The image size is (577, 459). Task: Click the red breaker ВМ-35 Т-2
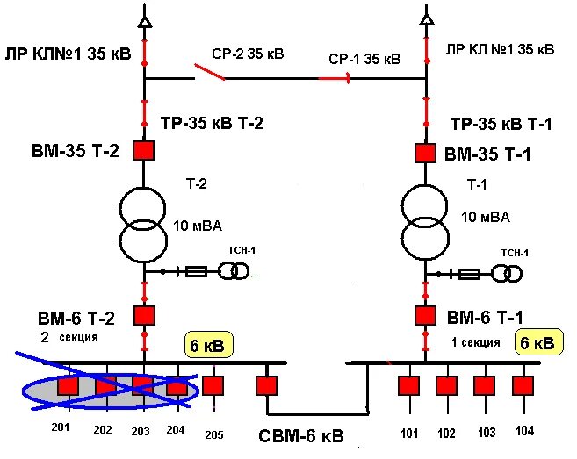click(143, 150)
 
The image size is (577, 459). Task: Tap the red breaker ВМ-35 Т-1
click(426, 153)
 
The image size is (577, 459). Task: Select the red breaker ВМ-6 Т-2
click(143, 314)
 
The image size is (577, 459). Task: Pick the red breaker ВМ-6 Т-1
click(426, 315)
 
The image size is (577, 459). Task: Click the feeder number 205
click(214, 434)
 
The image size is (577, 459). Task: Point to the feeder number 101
click(408, 432)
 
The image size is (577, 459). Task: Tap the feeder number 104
click(524, 432)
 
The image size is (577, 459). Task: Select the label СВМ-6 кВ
click(301, 436)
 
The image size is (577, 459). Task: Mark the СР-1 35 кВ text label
click(364, 59)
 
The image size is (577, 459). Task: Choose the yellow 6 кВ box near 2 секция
click(209, 346)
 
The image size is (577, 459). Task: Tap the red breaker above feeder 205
click(213, 385)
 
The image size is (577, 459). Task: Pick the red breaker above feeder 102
click(447, 385)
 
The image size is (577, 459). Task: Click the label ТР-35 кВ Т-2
click(212, 124)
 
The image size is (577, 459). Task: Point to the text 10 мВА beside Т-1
click(485, 217)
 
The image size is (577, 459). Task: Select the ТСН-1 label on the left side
click(242, 250)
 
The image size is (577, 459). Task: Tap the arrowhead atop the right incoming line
click(426, 18)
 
